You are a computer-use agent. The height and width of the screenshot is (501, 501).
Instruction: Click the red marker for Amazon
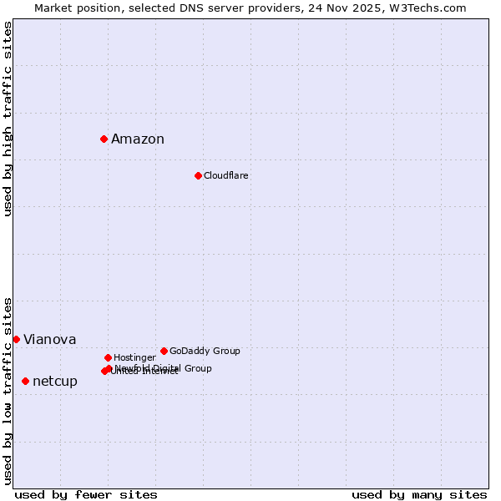click(104, 139)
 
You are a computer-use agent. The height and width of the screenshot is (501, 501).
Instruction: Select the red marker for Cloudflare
click(198, 175)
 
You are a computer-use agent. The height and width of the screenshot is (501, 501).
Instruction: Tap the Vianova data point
click(16, 339)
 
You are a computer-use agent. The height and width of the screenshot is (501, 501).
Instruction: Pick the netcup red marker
click(25, 381)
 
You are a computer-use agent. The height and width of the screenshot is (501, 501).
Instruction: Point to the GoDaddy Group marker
click(164, 351)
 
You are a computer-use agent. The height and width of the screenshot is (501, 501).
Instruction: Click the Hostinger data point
click(108, 357)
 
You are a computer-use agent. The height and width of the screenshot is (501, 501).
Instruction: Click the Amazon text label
click(137, 139)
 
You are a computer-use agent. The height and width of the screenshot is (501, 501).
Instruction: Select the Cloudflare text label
click(225, 175)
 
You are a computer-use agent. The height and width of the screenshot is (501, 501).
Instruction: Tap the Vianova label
click(49, 340)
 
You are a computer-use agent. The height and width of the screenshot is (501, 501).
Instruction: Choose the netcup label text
click(54, 382)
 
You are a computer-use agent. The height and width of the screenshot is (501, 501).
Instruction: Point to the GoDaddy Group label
click(205, 351)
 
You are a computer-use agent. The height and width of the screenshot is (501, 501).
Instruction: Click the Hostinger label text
click(134, 357)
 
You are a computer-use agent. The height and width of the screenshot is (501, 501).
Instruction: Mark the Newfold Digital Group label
click(164, 367)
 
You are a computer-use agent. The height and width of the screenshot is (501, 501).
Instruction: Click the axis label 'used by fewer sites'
click(86, 494)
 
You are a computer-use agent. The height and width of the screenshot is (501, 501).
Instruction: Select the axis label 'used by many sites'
click(419, 494)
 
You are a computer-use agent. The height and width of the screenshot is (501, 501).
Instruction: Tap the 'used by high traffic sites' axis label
click(8, 119)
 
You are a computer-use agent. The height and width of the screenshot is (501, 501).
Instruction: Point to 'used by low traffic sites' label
click(8, 390)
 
